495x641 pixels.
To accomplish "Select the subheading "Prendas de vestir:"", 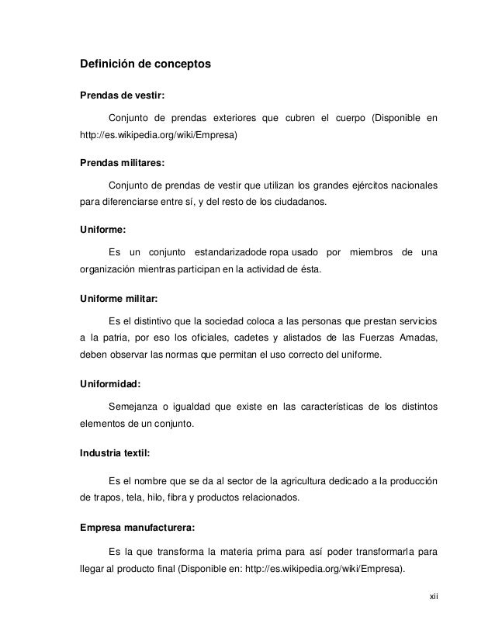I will [123, 97].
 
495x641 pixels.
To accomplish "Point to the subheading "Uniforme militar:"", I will [123, 298].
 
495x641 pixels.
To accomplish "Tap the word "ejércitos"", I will [355, 185].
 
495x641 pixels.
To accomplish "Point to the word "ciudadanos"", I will [301, 203].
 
